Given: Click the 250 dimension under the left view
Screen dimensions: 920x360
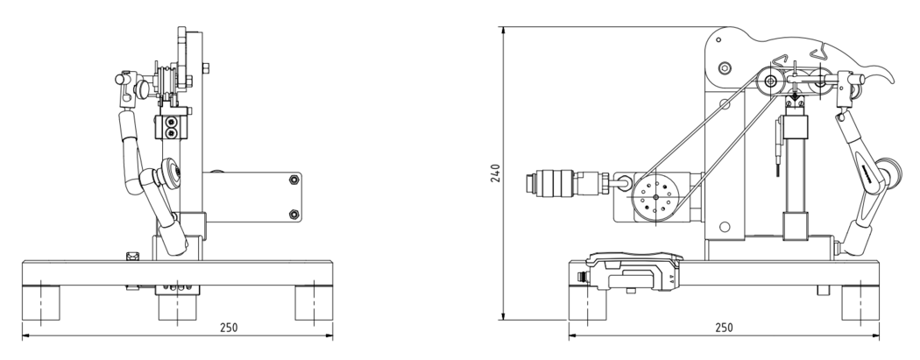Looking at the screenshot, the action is point(228,328).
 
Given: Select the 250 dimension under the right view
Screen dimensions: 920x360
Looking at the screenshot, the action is point(724,328).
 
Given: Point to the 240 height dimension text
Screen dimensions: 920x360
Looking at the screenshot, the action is point(495,173).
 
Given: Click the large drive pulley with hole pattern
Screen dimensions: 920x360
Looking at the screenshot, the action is point(655,197).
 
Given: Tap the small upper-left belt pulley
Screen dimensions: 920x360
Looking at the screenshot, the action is point(770,81).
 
